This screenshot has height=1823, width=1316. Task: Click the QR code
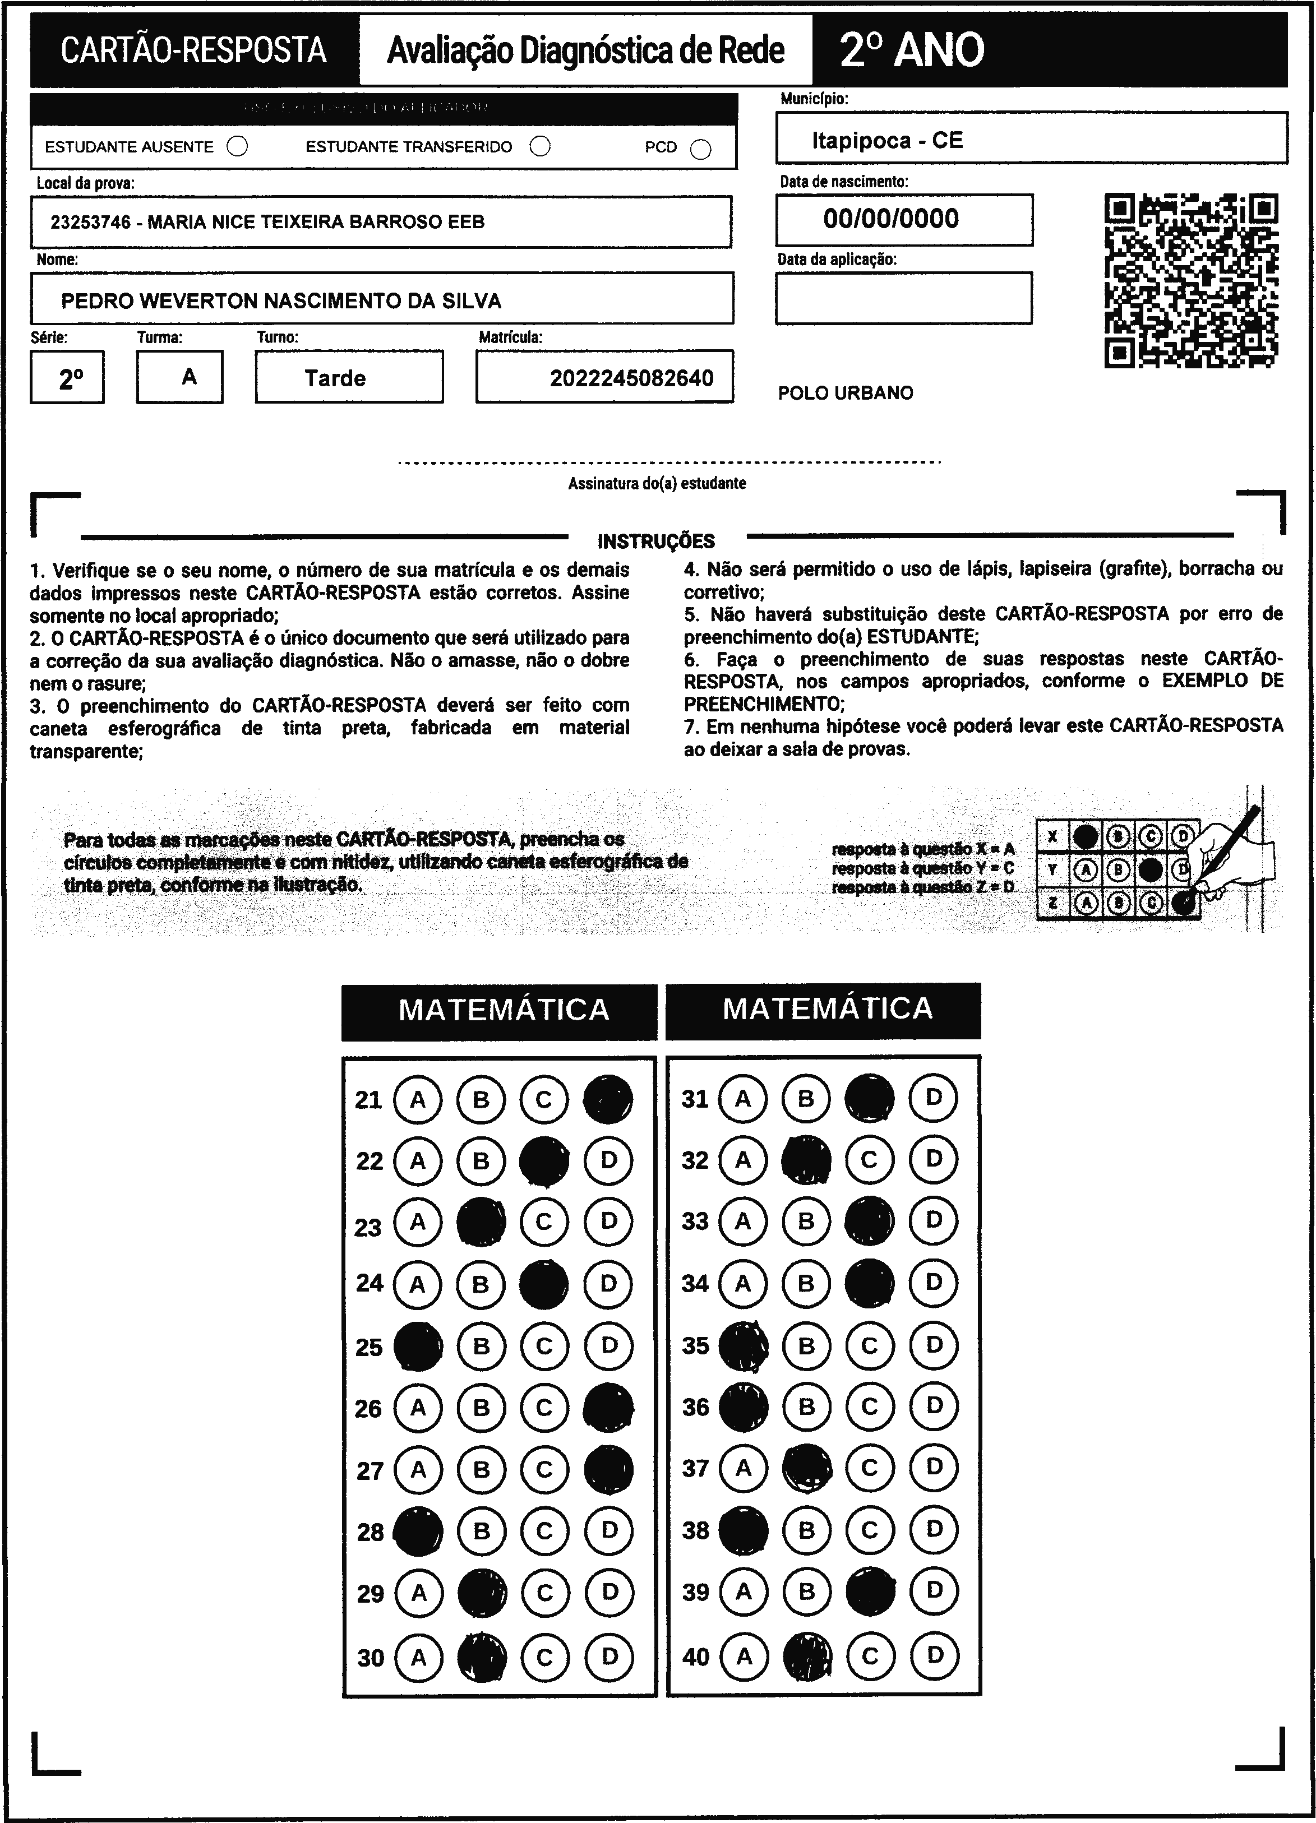pyautogui.click(x=1192, y=280)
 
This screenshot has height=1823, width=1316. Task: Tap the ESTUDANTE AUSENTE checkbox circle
pyautogui.click(x=237, y=146)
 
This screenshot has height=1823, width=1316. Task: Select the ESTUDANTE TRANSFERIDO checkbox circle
pyautogui.click(x=540, y=146)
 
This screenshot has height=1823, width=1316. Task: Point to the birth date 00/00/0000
pyautogui.click(x=891, y=219)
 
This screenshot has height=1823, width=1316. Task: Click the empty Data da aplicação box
pyautogui.click(x=904, y=298)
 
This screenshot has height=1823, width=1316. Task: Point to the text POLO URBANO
pyautogui.click(x=845, y=393)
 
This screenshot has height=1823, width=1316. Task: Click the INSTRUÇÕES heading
pyautogui.click(x=656, y=541)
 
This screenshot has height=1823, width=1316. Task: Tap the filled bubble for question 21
pyautogui.click(x=608, y=1099)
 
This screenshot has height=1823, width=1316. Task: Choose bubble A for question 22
pyautogui.click(x=417, y=1160)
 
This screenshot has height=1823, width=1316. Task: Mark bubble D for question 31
pyautogui.click(x=934, y=1097)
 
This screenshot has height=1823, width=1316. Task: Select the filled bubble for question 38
pyautogui.click(x=744, y=1530)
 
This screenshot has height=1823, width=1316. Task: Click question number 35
pyautogui.click(x=695, y=1345)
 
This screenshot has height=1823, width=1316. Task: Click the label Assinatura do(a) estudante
pyautogui.click(x=657, y=484)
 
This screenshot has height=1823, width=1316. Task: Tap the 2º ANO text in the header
pyautogui.click(x=912, y=50)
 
